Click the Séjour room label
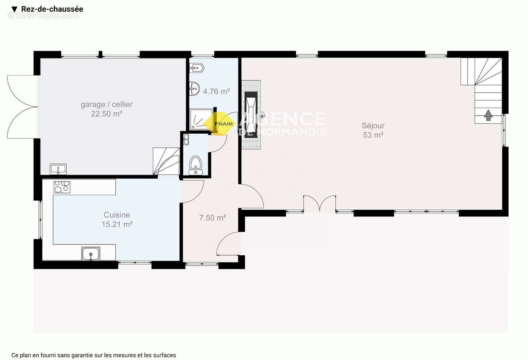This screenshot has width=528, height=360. tap(373, 126)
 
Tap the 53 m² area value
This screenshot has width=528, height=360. tap(373, 135)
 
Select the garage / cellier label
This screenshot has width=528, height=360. tap(106, 104)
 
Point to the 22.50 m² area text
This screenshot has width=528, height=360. tap(106, 114)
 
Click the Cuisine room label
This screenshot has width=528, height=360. tap(117, 215)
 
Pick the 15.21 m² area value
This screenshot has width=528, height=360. tap(117, 224)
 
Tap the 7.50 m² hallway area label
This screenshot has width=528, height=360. tap(212, 218)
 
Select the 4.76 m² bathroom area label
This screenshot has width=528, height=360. tap(216, 91)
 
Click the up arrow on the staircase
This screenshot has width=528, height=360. tap(488, 116)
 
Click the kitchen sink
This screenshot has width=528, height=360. tap(90, 254)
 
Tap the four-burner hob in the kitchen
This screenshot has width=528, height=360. tap(62, 187)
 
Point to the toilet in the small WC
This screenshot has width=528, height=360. tap(195, 165)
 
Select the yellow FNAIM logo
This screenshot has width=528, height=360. tap(219, 124)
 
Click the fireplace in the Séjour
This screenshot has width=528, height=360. tap(251, 114)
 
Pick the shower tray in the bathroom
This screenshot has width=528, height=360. tap(201, 119)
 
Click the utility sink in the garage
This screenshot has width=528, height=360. tap(58, 169)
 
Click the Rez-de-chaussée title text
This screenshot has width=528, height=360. tap(52, 9)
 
